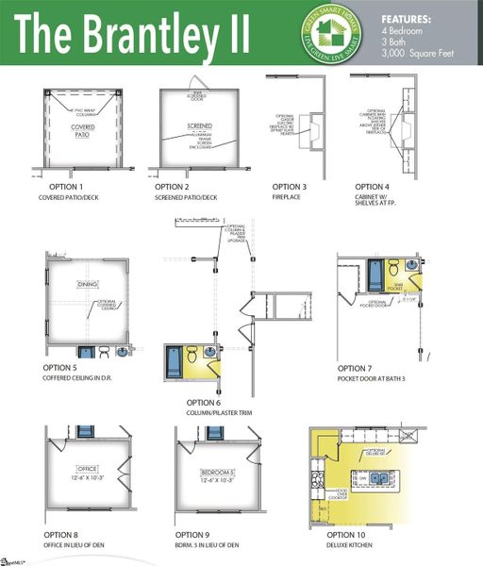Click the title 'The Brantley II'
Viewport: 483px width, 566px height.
132,34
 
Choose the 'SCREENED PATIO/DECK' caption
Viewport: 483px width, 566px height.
186,198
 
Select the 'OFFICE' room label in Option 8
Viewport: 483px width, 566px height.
88,469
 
